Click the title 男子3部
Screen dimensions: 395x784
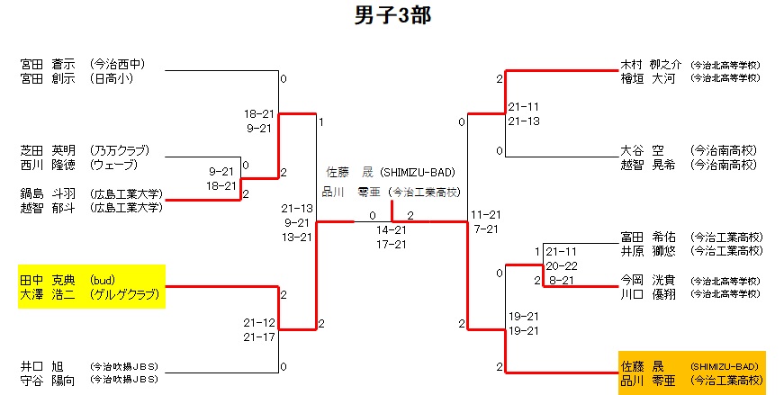[392, 16]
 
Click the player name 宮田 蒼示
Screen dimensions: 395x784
[46, 64]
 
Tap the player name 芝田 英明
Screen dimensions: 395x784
[46, 149]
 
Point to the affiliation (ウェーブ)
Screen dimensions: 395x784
[113, 165]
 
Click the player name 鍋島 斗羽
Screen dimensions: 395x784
[46, 193]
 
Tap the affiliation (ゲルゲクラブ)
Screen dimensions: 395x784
[124, 294]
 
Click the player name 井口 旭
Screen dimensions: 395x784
[42, 366]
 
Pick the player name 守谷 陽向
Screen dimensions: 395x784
[46, 381]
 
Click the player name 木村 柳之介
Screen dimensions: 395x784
[652, 65]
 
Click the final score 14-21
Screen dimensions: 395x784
[391, 230]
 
